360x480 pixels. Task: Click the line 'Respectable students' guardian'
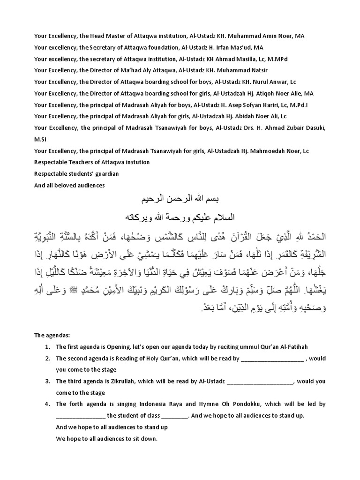coord(76,174)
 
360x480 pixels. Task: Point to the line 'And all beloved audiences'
coord(69,185)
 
